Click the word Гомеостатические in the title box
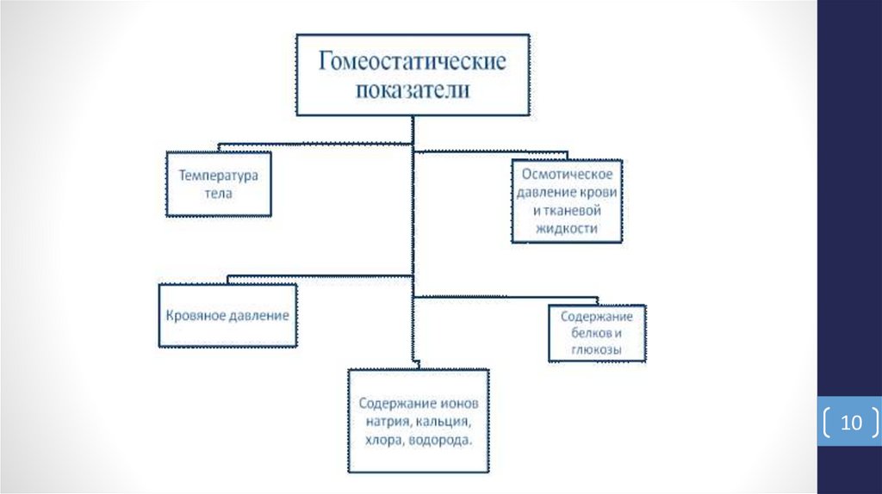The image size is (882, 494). [x=413, y=63]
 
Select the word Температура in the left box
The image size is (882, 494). [x=219, y=176]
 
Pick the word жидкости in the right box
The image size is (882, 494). [x=566, y=228]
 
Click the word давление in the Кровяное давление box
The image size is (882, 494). [x=258, y=316]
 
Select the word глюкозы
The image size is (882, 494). [x=597, y=349]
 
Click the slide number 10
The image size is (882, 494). [x=851, y=423]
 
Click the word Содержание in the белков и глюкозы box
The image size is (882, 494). [x=597, y=318]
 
